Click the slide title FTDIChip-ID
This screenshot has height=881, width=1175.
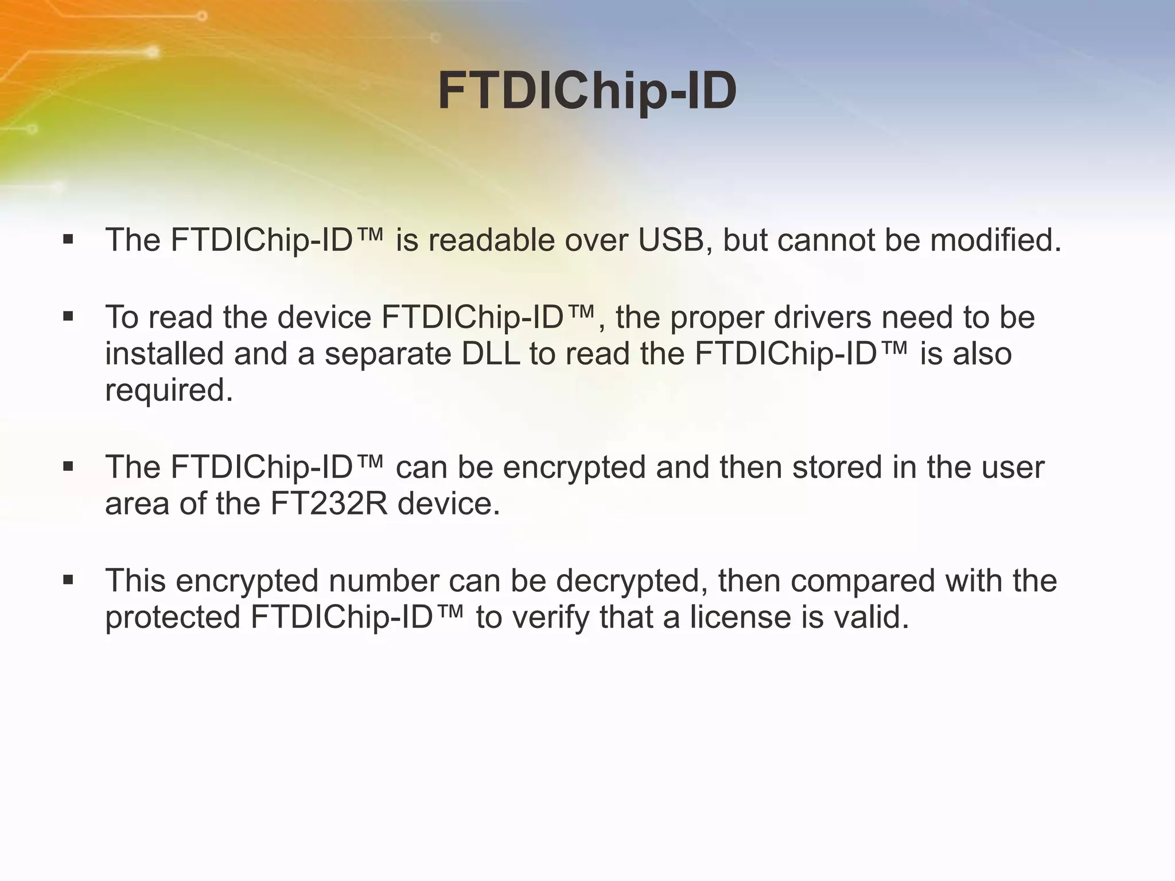point(587,92)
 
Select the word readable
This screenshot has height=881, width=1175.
point(491,240)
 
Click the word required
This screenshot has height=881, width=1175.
point(169,391)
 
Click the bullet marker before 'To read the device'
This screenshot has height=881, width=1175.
point(68,316)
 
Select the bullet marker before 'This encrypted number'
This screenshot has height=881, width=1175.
point(68,580)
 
